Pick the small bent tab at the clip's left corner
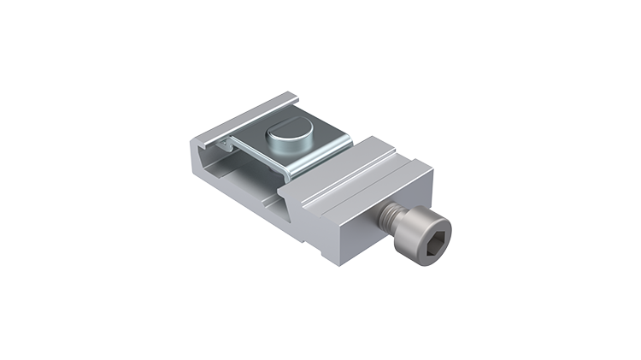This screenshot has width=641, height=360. (x=223, y=143)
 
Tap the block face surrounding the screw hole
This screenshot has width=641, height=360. (x=359, y=227)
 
